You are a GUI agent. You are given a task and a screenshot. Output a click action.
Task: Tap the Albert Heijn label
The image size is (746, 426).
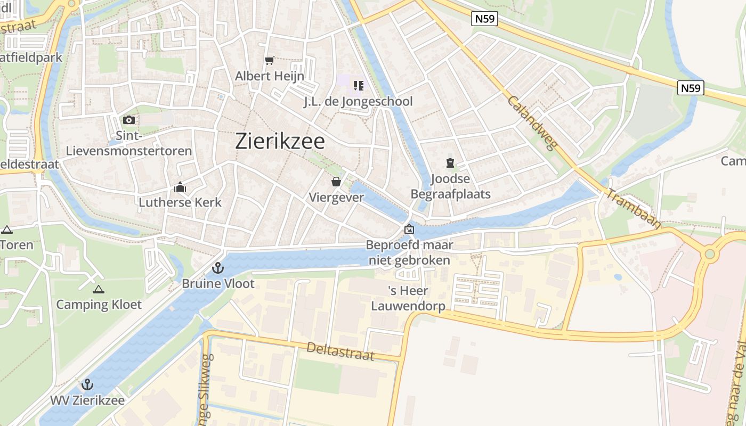point(270,76)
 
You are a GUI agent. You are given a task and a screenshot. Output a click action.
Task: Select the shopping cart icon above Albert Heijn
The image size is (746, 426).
point(270,60)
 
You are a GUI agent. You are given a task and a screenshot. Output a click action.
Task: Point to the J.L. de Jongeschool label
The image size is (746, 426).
point(358,101)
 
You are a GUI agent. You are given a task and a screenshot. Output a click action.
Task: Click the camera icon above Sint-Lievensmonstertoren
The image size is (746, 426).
point(128,120)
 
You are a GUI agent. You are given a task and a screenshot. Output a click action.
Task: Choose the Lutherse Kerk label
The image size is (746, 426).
point(180,202)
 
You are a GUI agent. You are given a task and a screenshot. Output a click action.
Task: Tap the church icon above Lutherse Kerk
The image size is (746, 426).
point(180,187)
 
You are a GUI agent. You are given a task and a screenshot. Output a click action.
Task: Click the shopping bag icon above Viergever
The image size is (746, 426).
point(336,182)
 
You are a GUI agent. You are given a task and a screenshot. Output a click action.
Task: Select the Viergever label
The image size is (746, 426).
point(336,197)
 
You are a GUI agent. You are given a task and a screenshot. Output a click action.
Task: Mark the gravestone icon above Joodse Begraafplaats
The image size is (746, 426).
point(450,162)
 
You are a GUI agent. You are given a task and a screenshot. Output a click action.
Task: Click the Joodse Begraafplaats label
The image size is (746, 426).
point(450,186)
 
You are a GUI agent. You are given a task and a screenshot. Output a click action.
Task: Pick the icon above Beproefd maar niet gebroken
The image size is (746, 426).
point(409,230)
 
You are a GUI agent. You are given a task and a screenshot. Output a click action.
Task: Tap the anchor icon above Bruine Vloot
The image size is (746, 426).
point(217,268)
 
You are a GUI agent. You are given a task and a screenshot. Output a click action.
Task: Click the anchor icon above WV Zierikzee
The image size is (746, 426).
point(87,384)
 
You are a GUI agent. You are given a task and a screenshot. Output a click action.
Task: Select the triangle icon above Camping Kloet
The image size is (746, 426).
point(98,290)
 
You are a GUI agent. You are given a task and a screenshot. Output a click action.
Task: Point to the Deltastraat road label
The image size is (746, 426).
point(340,351)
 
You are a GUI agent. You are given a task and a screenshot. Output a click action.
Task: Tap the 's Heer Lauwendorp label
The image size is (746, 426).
point(408,299)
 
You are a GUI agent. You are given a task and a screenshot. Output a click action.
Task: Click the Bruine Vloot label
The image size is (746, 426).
point(218,284)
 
